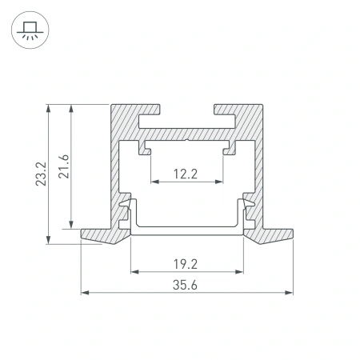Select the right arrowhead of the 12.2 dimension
(x=221, y=182)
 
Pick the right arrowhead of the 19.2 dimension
(x=240, y=272)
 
